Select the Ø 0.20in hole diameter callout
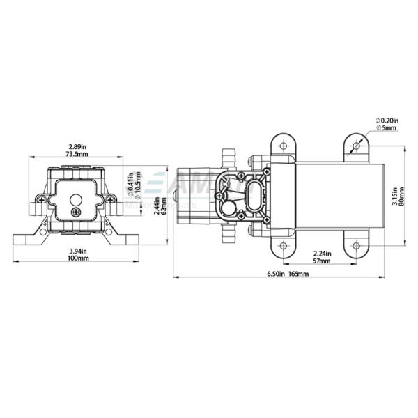(x=387, y=121)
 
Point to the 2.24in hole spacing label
(x=322, y=254)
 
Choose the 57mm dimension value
(x=322, y=261)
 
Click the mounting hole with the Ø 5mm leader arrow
(x=356, y=146)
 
